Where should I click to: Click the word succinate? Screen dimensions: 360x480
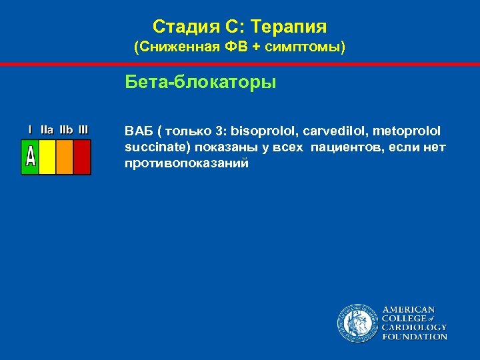[x=151, y=146]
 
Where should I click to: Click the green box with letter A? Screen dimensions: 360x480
[x=31, y=157]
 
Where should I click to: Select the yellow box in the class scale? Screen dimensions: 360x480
[x=47, y=157]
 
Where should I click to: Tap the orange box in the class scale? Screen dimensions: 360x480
[x=64, y=157]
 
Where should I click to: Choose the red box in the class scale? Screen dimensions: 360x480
[x=81, y=157]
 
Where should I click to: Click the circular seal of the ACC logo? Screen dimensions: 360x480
[x=357, y=323]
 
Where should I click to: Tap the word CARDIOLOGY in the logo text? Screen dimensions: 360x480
[x=414, y=327]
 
